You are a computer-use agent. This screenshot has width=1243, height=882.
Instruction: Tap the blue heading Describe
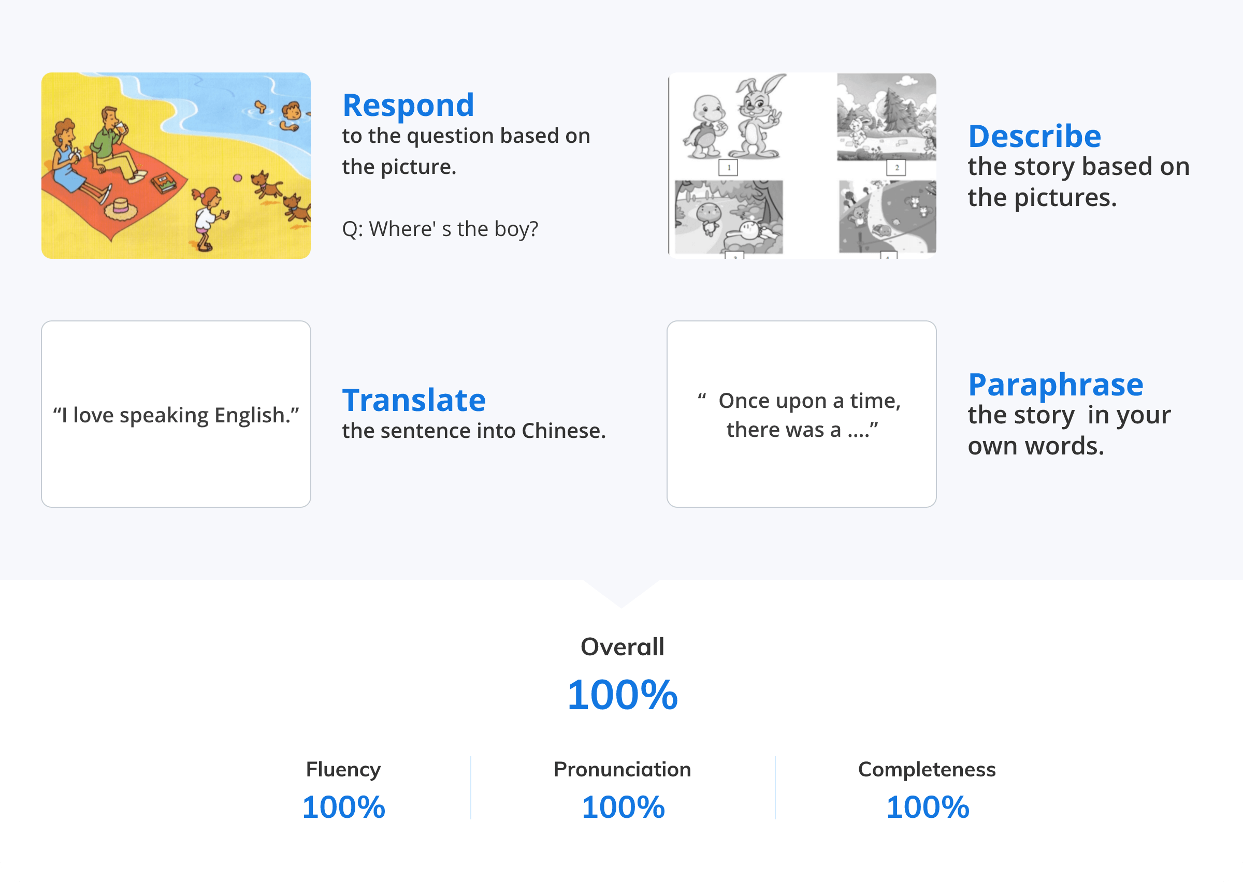[x=1034, y=136]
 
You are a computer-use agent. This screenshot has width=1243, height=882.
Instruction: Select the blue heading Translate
[x=414, y=400]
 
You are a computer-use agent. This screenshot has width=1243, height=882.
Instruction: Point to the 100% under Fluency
[x=343, y=807]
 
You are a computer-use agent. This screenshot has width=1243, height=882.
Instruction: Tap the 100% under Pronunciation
[x=623, y=807]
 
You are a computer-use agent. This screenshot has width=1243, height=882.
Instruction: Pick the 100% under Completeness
[x=928, y=807]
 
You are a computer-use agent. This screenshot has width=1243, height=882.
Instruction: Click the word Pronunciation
[x=622, y=770]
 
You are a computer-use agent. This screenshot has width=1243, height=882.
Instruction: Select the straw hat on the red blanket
[x=121, y=209]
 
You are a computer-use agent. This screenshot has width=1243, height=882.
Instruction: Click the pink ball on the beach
[x=237, y=178]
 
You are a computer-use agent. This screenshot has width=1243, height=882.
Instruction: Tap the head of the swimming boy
[x=292, y=111]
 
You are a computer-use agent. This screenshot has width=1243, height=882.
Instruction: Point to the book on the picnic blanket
[x=164, y=184]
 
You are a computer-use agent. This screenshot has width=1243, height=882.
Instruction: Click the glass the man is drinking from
[x=120, y=129]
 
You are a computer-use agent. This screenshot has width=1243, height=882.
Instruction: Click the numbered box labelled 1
[x=728, y=168]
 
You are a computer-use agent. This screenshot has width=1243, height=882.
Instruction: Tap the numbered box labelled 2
[x=897, y=168]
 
